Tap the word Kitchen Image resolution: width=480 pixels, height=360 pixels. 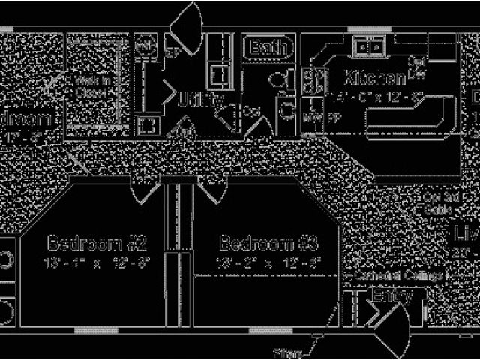(375, 77)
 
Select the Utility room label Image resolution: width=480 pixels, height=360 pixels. (198, 97)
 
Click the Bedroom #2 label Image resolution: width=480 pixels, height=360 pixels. (97, 243)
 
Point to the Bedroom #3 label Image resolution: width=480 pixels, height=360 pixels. (268, 243)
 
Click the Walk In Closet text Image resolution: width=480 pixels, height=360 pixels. (93, 86)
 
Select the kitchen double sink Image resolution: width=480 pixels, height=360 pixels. (368, 47)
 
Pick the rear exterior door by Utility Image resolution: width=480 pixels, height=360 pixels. (187, 26)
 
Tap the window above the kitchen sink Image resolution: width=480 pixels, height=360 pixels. (368, 30)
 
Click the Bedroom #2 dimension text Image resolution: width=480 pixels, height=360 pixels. (97, 262)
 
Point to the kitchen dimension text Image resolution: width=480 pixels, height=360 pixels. (379, 95)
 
